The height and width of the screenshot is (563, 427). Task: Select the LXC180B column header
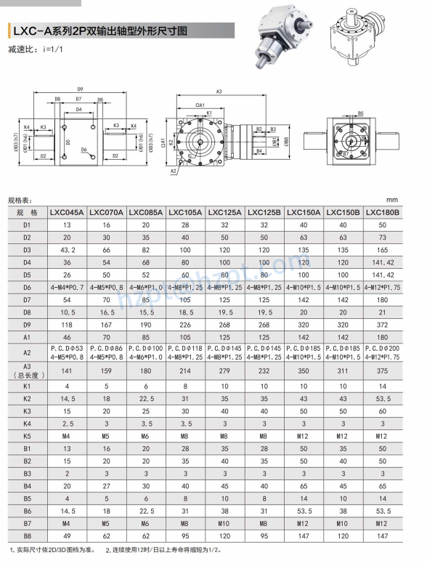pyautogui.click(x=383, y=212)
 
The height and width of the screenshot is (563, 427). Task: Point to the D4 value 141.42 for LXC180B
pyautogui.click(x=383, y=262)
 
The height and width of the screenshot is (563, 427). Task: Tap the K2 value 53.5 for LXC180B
pyautogui.click(x=383, y=399)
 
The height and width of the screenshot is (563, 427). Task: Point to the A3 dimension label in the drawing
pyautogui.click(x=219, y=92)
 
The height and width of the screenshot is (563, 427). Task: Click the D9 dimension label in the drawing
pyautogui.click(x=79, y=89)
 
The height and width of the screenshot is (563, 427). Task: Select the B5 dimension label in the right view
pyautogui.click(x=361, y=113)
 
